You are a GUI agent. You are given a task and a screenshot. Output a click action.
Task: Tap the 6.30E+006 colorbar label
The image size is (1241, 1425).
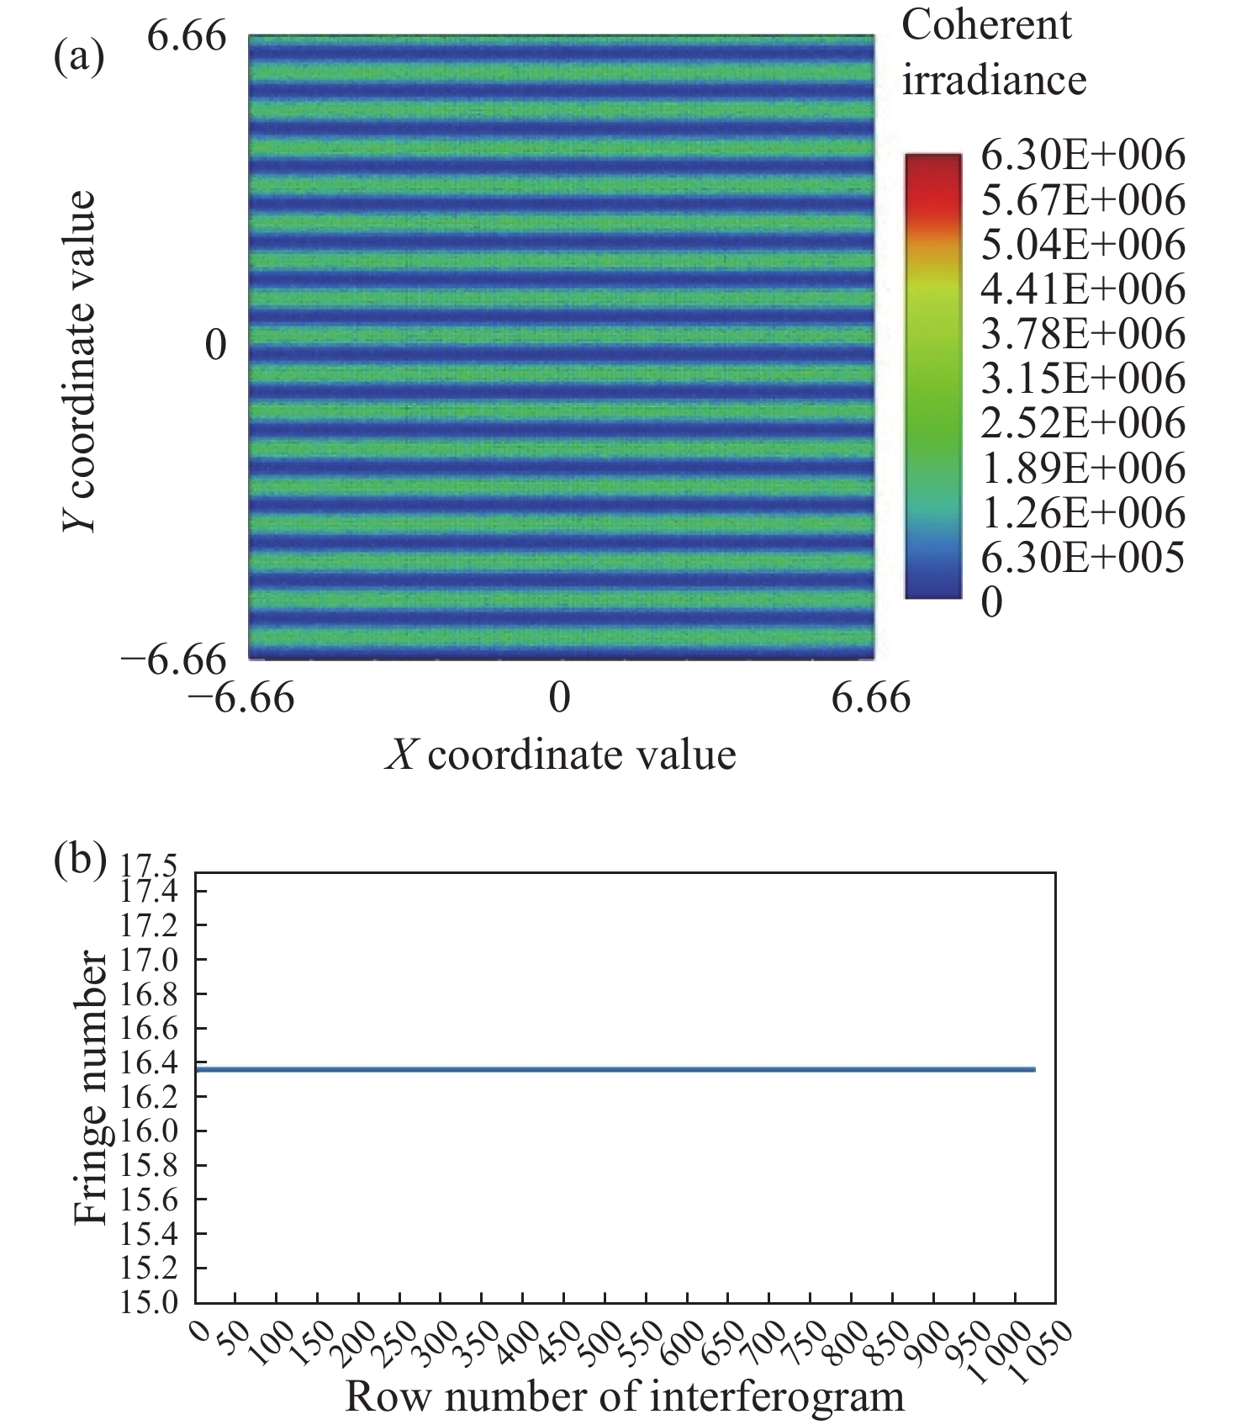[1082, 156]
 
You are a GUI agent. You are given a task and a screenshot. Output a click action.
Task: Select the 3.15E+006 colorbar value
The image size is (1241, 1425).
[1082, 379]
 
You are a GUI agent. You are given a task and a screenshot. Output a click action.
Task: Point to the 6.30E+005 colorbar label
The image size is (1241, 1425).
[1082, 557]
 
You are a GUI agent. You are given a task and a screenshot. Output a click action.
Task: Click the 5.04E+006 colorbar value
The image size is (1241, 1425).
[1082, 245]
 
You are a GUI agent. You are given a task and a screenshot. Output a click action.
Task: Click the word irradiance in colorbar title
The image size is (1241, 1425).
[994, 81]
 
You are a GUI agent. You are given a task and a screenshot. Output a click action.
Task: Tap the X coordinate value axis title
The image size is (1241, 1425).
[561, 755]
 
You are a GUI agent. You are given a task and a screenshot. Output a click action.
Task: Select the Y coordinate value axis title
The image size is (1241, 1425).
[79, 362]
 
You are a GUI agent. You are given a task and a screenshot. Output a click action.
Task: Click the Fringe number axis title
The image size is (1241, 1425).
[91, 1089]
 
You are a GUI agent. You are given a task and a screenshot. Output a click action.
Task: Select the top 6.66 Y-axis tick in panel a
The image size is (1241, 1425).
[187, 37]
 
